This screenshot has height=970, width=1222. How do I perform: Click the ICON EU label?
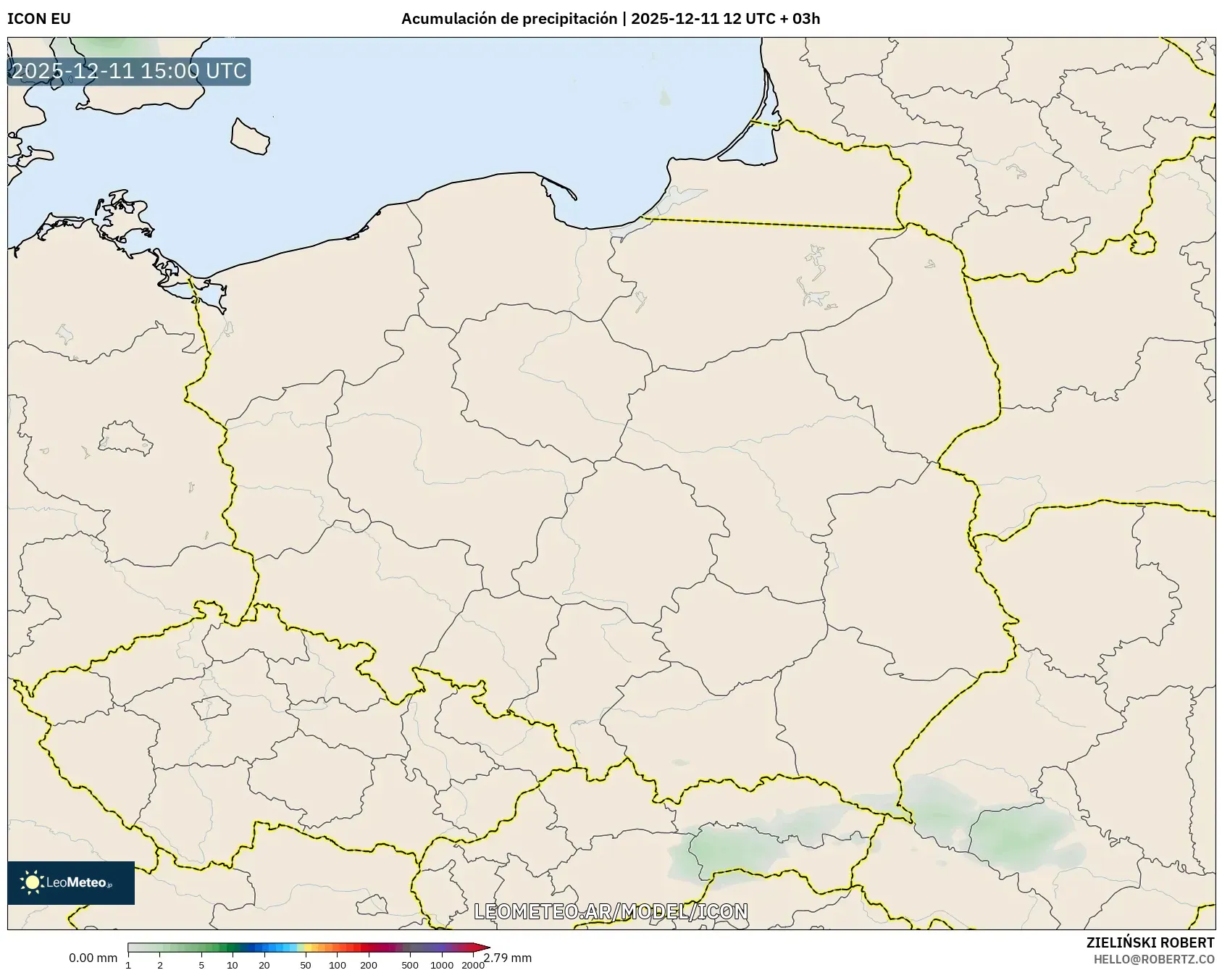click(x=39, y=19)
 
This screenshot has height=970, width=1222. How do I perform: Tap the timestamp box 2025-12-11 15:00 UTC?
click(x=129, y=71)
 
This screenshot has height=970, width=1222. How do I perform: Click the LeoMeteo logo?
click(x=71, y=882)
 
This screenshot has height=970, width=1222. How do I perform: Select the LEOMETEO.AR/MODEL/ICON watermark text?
click(x=611, y=911)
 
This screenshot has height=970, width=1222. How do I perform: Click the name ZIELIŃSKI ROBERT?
click(x=1150, y=942)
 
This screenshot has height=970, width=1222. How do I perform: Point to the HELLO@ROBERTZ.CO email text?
click(x=1154, y=959)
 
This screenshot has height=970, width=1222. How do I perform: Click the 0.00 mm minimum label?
click(x=93, y=958)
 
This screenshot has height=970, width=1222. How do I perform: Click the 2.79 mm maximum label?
click(x=508, y=958)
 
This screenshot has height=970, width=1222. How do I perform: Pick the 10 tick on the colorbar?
click(x=233, y=964)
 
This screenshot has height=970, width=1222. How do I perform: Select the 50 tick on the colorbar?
click(x=306, y=964)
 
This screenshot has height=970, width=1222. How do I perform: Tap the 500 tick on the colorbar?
click(x=410, y=964)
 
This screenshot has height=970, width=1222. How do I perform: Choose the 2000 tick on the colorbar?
click(x=473, y=964)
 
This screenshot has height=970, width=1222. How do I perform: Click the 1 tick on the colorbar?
click(x=128, y=964)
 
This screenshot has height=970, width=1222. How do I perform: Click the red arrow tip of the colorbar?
click(x=485, y=948)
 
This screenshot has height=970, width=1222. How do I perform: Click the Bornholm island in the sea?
click(x=250, y=136)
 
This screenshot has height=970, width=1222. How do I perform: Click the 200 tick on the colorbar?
click(x=369, y=964)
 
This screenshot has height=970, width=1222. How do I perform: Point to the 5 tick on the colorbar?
click(x=201, y=964)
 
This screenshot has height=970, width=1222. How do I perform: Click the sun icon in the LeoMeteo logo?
click(x=33, y=882)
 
